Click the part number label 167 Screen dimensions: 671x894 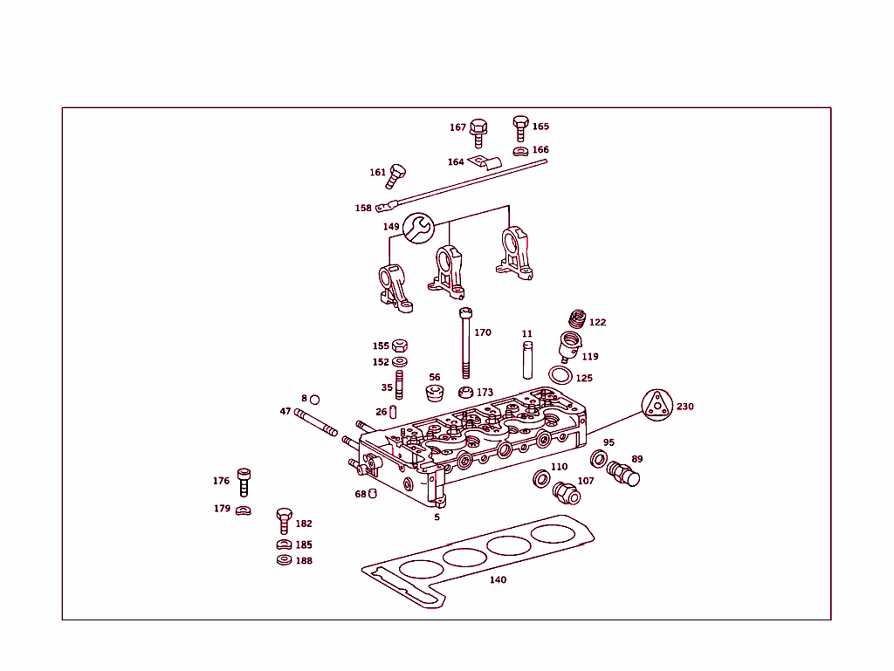tap(457, 127)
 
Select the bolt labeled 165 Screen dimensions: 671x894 tap(520, 127)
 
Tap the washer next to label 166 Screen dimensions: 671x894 tap(520, 151)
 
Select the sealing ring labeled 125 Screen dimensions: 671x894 tap(561, 375)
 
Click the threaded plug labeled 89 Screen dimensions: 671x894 tap(623, 473)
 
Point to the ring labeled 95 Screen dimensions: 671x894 tap(600, 458)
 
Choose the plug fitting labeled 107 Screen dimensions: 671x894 tap(567, 494)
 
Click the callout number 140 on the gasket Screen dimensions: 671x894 tap(498, 579)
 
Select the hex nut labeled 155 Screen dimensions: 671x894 tap(400, 346)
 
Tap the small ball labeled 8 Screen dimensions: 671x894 tap(314, 399)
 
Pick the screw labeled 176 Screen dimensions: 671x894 tap(244, 482)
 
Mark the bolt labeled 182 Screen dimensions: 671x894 tap(283, 520)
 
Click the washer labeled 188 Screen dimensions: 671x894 tap(284, 560)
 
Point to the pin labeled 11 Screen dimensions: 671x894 tap(527, 359)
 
